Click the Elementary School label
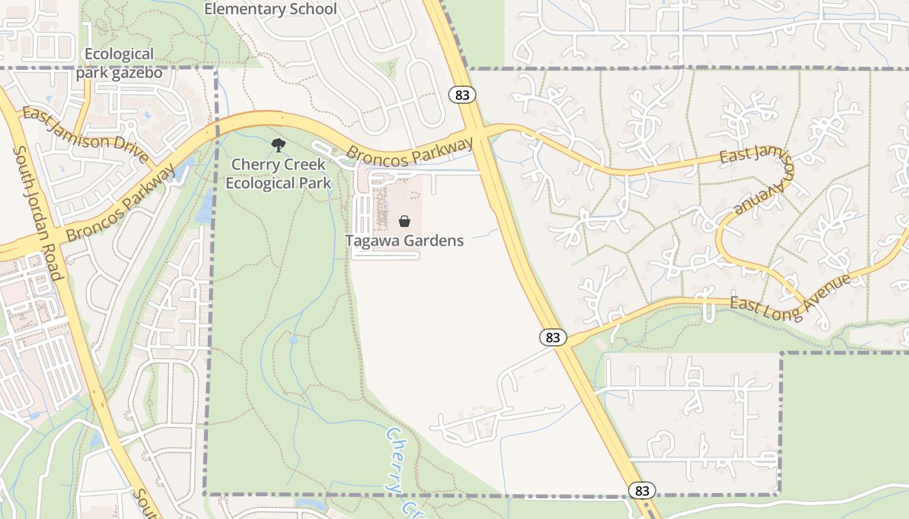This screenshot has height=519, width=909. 270,9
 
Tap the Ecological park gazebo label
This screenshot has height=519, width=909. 119,63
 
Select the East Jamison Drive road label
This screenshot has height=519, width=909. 85,135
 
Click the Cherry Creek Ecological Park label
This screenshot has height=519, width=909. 278,174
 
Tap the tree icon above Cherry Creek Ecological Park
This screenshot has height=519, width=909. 279,145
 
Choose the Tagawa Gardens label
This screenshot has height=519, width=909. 404,241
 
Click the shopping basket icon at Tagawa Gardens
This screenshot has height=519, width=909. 405,221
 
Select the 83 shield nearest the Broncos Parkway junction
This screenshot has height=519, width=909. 462,95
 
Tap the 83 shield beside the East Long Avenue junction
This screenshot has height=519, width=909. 553,337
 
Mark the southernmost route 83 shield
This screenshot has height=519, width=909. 642,490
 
